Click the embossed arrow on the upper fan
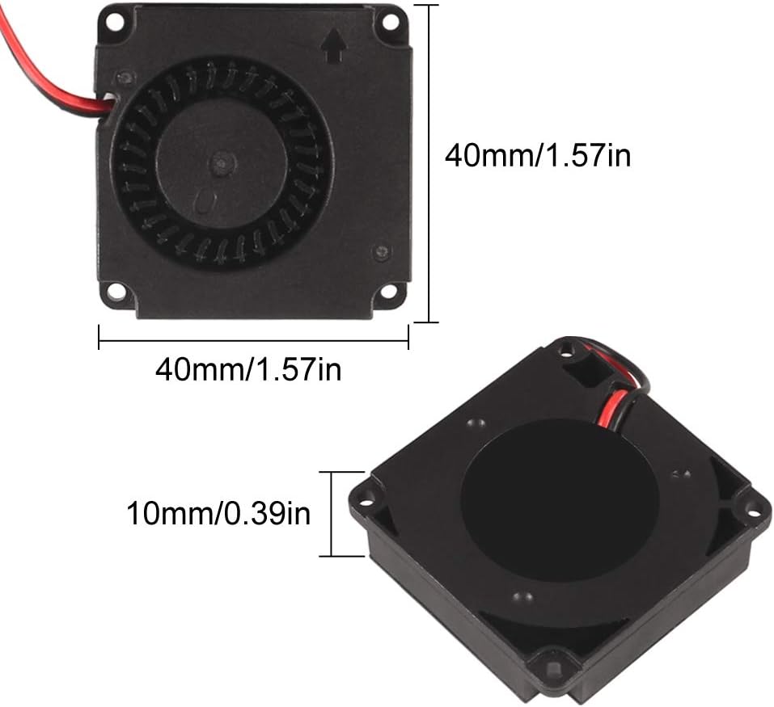click(x=334, y=45)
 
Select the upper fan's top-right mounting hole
click(x=390, y=21)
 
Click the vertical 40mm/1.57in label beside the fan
click(x=538, y=155)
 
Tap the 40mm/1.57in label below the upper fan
click(x=248, y=369)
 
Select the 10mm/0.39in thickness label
click(x=218, y=513)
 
